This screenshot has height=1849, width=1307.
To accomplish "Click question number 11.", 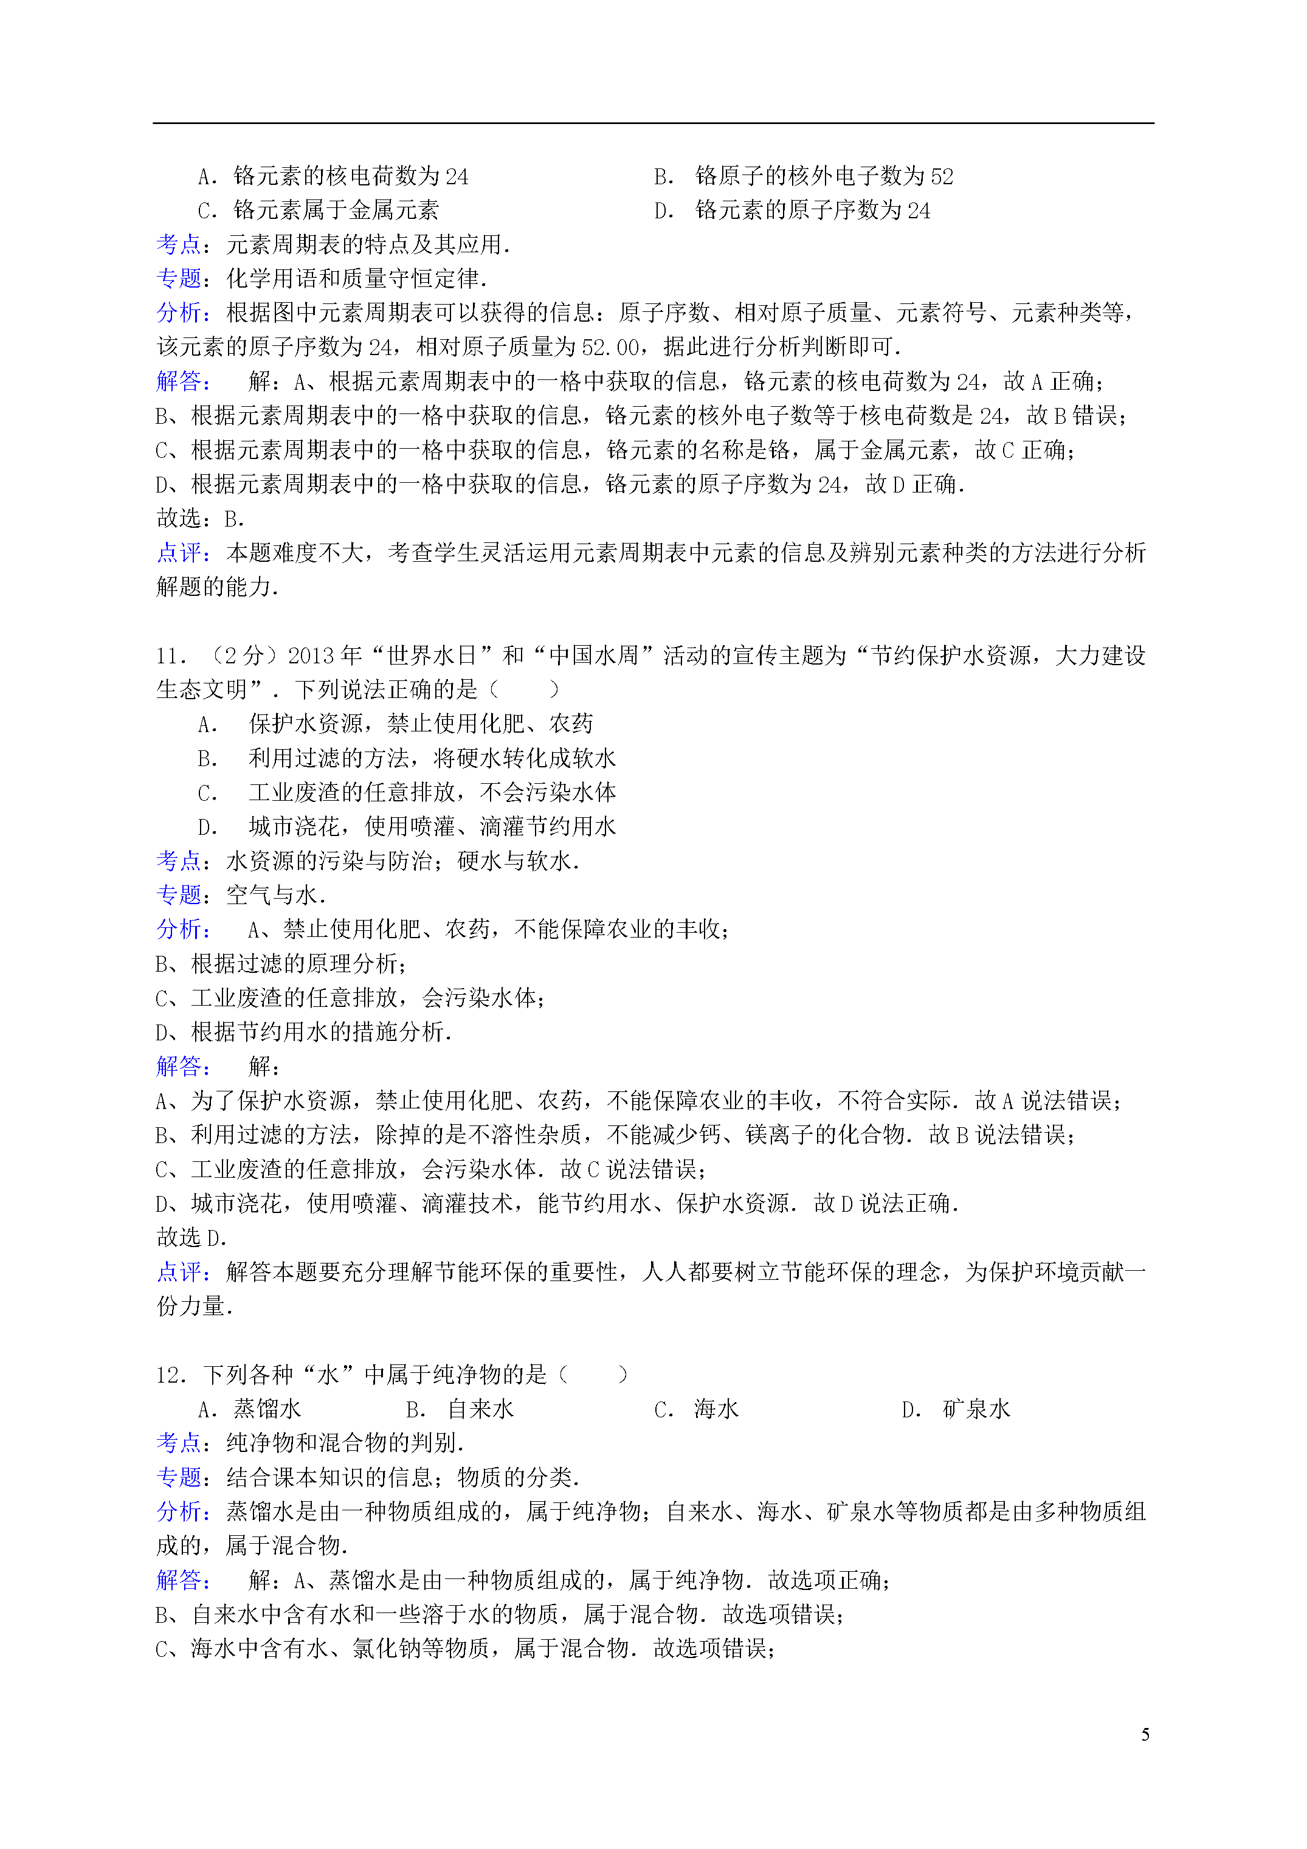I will (171, 656).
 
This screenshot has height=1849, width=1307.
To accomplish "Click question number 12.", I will (171, 1375).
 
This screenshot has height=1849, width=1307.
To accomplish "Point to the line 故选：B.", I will (201, 519).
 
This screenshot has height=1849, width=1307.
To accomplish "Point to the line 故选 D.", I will (191, 1238).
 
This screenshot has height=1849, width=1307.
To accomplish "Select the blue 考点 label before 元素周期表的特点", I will (179, 244).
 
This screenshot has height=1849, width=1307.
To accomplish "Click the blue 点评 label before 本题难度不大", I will (179, 553).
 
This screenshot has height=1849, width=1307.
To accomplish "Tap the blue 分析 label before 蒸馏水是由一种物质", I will (179, 1512).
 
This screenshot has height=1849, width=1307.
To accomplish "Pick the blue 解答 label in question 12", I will (179, 1580).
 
